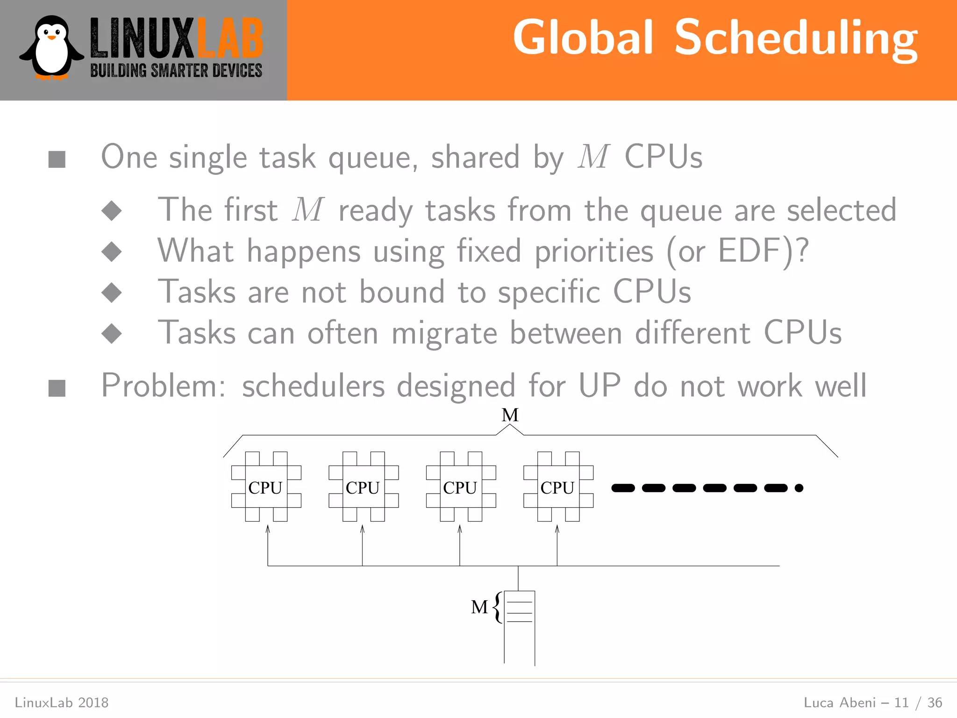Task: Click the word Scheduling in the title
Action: coord(796,38)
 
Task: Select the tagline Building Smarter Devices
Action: coord(176,71)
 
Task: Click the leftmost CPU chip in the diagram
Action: coord(266,487)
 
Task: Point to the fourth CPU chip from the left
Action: coord(558,487)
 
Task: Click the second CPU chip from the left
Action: coord(363,487)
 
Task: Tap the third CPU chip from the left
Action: coord(460,487)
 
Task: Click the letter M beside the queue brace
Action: coord(479,607)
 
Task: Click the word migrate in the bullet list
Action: coord(444,334)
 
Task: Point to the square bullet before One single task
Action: coord(57,159)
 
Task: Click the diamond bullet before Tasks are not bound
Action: coord(112,293)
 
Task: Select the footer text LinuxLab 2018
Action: coord(62,703)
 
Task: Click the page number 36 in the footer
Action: coord(935,703)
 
